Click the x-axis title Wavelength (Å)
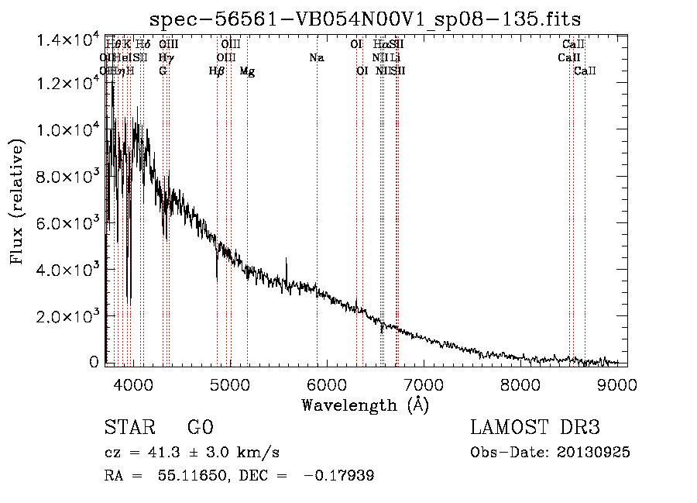365,405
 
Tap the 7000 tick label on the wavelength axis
423,384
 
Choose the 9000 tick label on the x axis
617,384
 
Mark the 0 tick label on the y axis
94,361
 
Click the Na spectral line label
316,58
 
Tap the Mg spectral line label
247,71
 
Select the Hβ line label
217,71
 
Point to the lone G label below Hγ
163,71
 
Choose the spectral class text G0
200,428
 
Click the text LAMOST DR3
534,428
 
